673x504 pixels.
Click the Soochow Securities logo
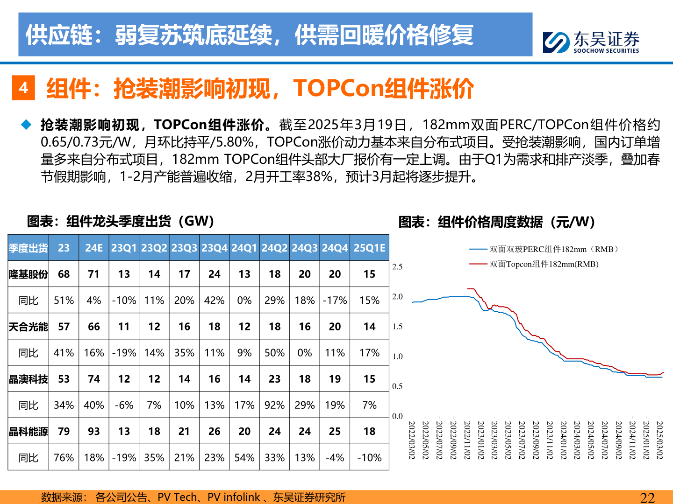point(591,42)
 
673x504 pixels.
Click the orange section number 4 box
point(23,88)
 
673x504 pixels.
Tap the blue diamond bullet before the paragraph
point(26,125)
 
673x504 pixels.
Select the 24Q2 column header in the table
point(274,248)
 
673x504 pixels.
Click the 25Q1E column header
point(369,248)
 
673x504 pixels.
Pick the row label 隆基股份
point(29,274)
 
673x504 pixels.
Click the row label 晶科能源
point(29,432)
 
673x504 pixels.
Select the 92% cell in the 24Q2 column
point(274,405)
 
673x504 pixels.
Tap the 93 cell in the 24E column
point(94,432)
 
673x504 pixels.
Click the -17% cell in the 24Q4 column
point(335,301)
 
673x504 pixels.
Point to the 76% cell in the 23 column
point(64,458)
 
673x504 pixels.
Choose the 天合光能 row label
point(29,327)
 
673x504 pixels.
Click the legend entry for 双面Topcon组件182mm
point(544,264)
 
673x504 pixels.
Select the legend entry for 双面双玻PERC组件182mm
point(553,249)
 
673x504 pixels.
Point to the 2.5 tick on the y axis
point(397,267)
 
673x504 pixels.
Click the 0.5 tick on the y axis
point(397,386)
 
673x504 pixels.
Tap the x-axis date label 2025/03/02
point(659,440)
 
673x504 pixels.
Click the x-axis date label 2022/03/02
point(412,440)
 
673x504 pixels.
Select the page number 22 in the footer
point(647,497)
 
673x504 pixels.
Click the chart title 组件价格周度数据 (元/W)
point(496,222)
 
